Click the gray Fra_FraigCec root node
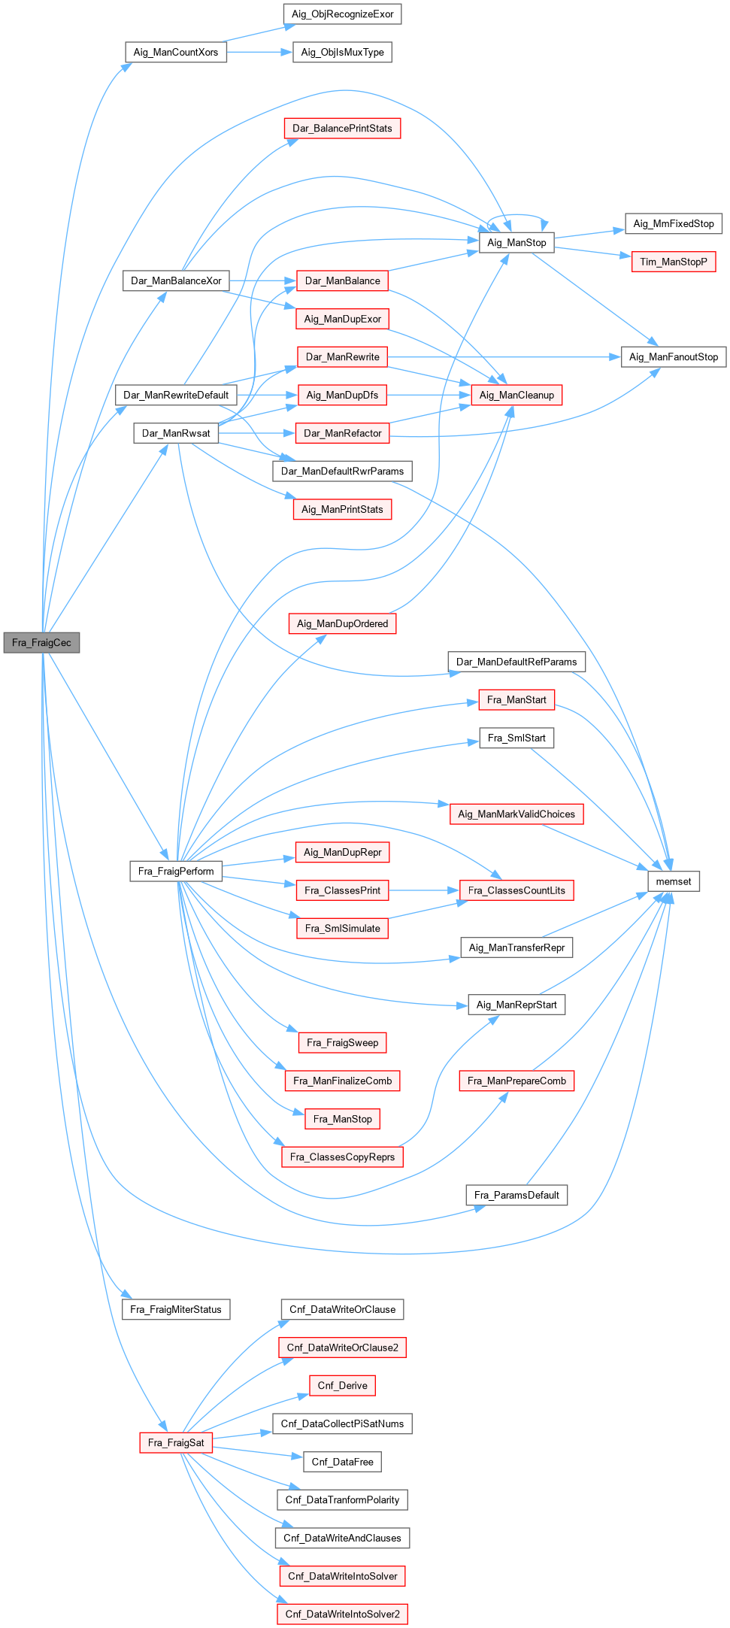coord(41,643)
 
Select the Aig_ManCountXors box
coord(176,52)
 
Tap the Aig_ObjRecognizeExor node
coord(342,14)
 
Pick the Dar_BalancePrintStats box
coord(342,129)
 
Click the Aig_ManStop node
coord(516,242)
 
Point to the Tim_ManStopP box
coord(673,262)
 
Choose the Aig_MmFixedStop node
coord(673,223)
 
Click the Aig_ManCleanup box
coord(516,395)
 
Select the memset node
coord(674,881)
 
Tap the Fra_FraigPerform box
coord(176,871)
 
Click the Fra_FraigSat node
coord(176,1442)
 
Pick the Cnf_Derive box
coord(342,1385)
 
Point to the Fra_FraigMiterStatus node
coord(176,1309)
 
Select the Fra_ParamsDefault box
coord(516,1195)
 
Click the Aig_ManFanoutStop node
coord(673,357)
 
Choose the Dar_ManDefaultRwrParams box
coord(342,471)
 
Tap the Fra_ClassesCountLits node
coord(516,890)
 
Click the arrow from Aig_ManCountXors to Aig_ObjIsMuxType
coord(259,52)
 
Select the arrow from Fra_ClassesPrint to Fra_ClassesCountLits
coord(424,890)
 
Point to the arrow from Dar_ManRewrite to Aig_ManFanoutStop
coord(504,357)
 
